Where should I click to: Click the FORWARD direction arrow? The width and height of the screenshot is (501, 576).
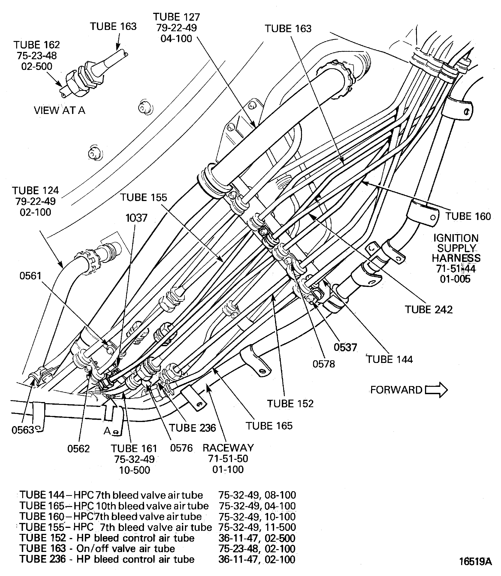click(436, 390)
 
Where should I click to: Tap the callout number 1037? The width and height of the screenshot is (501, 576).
click(136, 218)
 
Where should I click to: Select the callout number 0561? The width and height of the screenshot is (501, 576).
click(30, 276)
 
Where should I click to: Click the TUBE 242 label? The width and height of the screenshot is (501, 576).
click(429, 310)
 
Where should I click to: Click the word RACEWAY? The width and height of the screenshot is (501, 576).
click(228, 448)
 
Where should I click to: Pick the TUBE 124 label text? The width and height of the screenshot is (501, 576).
click(36, 191)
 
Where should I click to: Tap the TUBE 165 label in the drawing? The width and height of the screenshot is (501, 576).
click(269, 426)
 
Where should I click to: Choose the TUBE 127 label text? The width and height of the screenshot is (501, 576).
click(176, 17)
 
